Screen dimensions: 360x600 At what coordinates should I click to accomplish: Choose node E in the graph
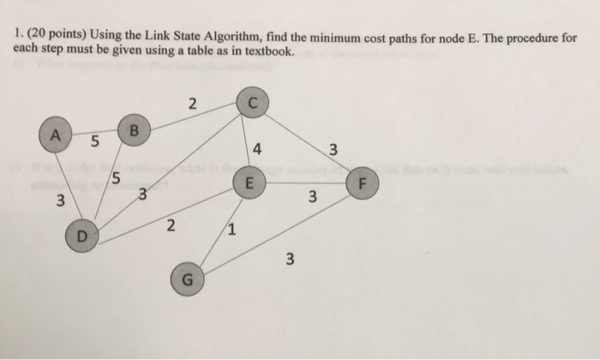[249, 183]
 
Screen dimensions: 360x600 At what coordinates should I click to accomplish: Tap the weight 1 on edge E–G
[232, 230]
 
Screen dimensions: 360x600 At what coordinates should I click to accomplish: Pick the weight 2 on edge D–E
[170, 226]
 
